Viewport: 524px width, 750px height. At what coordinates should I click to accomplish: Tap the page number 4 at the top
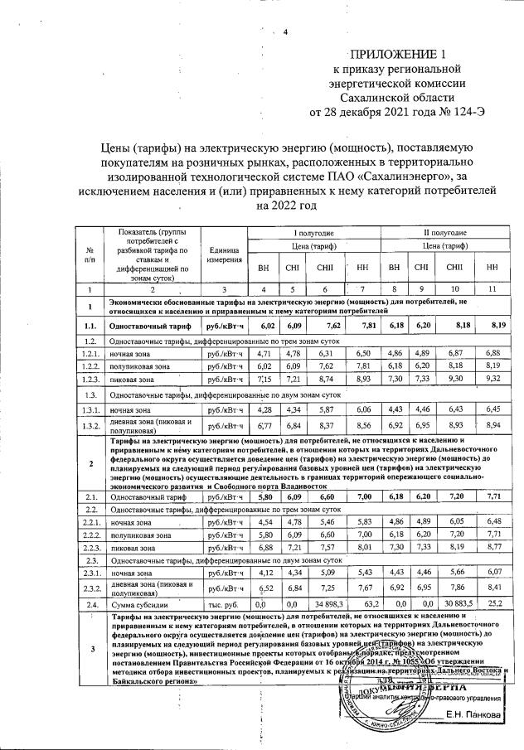[284, 32]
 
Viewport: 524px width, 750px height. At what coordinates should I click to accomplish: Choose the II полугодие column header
[444, 234]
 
